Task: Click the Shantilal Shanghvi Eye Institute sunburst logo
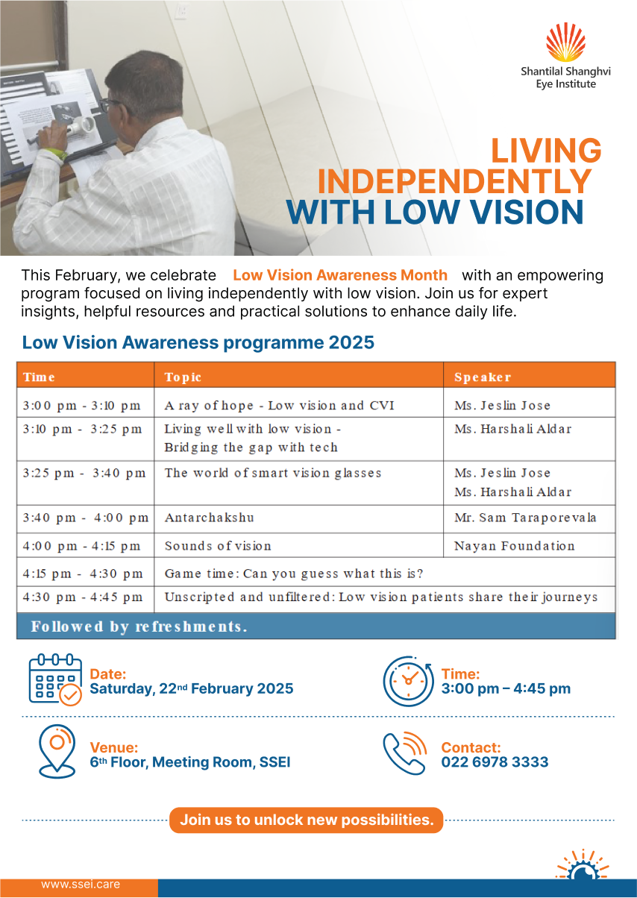565,43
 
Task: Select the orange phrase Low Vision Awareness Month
340,275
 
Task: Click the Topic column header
183,377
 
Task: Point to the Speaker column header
483,377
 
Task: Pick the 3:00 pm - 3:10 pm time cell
81,406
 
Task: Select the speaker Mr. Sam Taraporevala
525,518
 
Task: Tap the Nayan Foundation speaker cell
514,546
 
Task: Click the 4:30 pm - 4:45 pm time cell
83,597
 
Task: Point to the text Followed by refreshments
139,627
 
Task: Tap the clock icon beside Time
408,680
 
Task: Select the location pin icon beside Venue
57,750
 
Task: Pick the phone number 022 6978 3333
495,762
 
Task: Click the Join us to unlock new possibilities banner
307,820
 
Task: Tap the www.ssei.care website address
81,885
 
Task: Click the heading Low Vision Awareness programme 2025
198,343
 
